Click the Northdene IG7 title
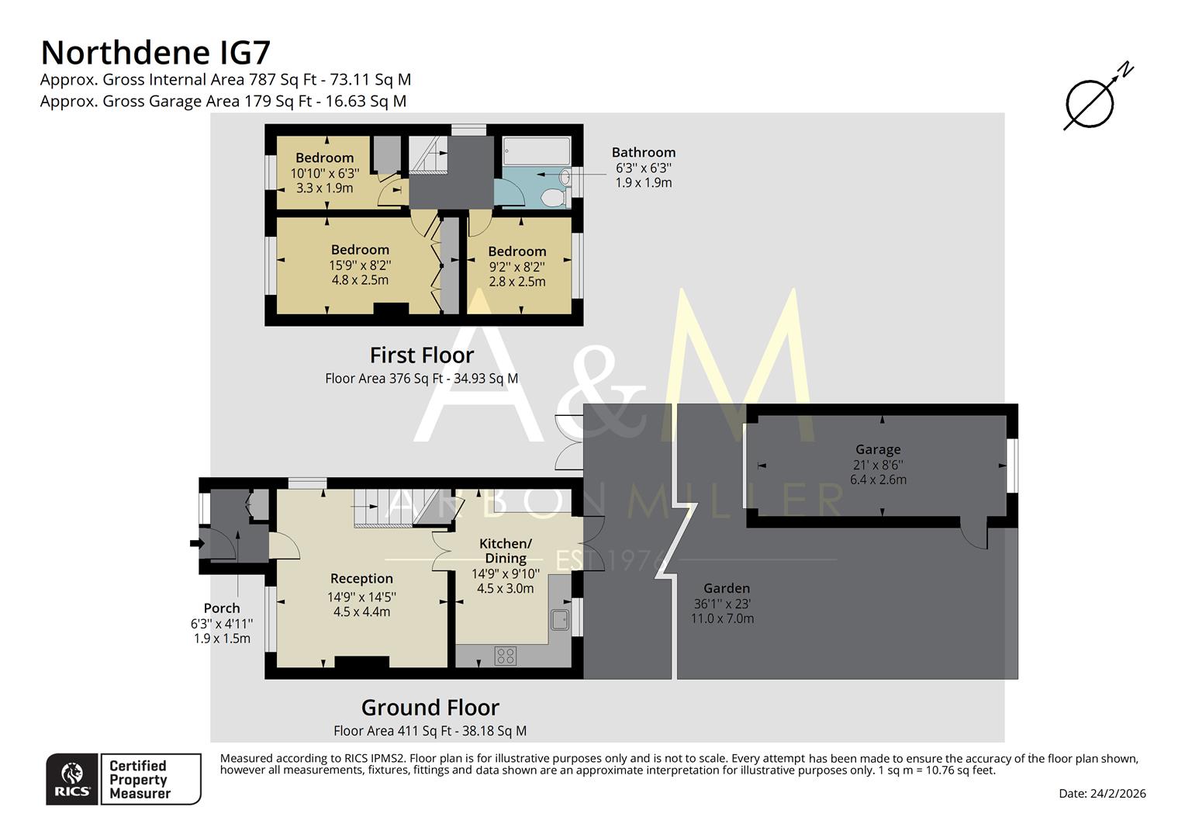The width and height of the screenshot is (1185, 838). pyautogui.click(x=155, y=53)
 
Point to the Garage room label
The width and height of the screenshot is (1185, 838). pyautogui.click(x=878, y=449)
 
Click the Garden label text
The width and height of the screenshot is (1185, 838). pyautogui.click(x=727, y=588)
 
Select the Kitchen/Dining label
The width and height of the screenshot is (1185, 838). pyautogui.click(x=506, y=550)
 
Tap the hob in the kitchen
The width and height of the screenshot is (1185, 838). pyautogui.click(x=506, y=656)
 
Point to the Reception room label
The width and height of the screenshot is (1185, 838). pyautogui.click(x=361, y=578)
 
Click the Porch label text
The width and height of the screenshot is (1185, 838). pyautogui.click(x=222, y=608)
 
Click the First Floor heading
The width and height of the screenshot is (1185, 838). pyautogui.click(x=421, y=355)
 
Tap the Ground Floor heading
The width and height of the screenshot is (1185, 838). pyautogui.click(x=430, y=708)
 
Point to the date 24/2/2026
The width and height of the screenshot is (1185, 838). pyautogui.click(x=1102, y=793)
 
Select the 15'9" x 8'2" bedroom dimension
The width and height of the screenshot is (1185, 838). pyautogui.click(x=360, y=265)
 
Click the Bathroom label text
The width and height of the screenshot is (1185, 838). pyautogui.click(x=643, y=152)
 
